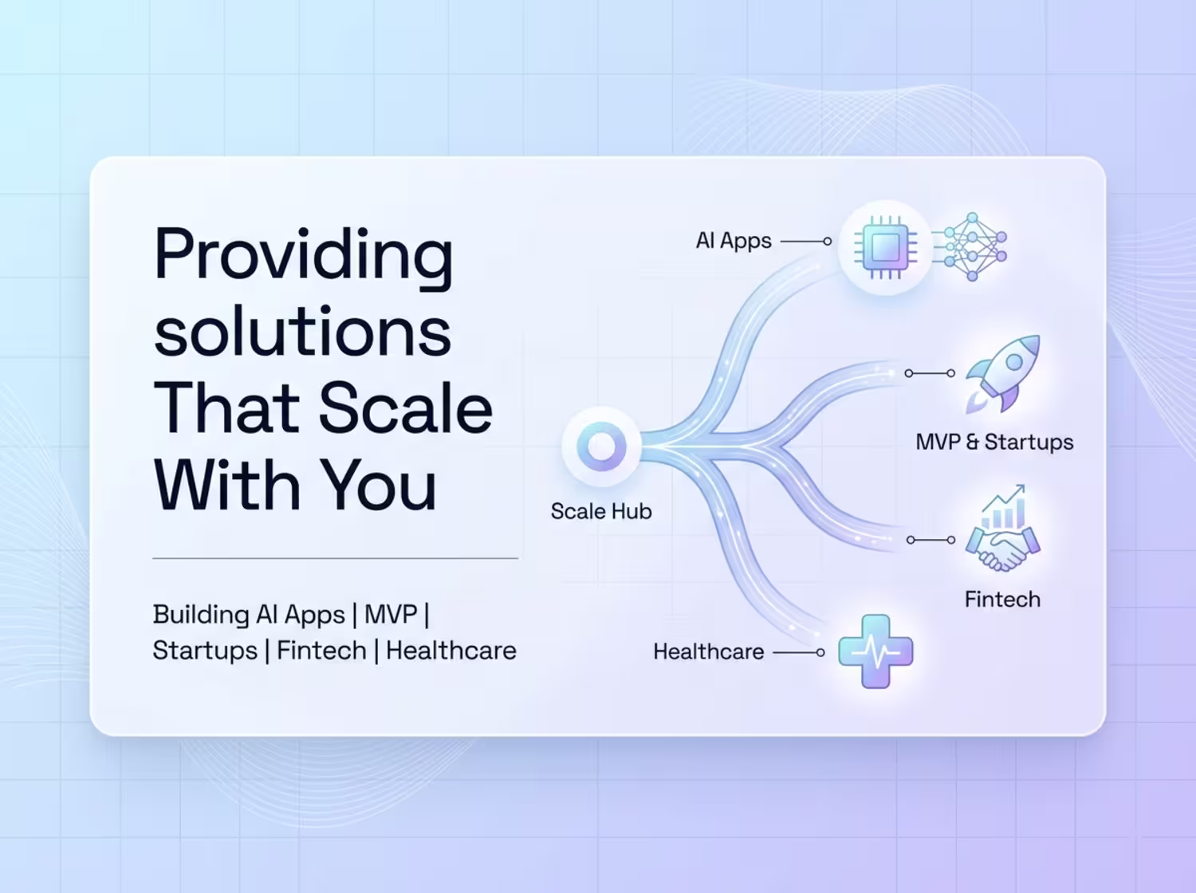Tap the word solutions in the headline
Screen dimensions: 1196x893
pyautogui.click(x=302, y=330)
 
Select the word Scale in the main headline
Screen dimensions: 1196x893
pyautogui.click(x=405, y=407)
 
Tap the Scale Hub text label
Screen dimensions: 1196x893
pyautogui.click(x=601, y=511)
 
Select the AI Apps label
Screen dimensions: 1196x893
pyautogui.click(x=734, y=241)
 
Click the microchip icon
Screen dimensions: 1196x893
pyautogui.click(x=885, y=247)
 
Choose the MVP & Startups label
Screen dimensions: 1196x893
pyautogui.click(x=994, y=442)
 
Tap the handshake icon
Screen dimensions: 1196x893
pyautogui.click(x=1002, y=549)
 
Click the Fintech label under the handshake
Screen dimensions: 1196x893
pyautogui.click(x=1002, y=600)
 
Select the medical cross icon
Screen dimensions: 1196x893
pyautogui.click(x=875, y=651)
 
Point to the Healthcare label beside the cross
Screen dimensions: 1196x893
pyautogui.click(x=708, y=651)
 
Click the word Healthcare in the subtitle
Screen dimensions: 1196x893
pyautogui.click(x=451, y=651)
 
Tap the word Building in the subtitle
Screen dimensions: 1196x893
pyautogui.click(x=201, y=615)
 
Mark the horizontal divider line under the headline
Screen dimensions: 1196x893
pyautogui.click(x=335, y=558)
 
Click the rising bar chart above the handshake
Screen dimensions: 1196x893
pyautogui.click(x=1004, y=506)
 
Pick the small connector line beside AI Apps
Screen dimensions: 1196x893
pyautogui.click(x=806, y=242)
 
